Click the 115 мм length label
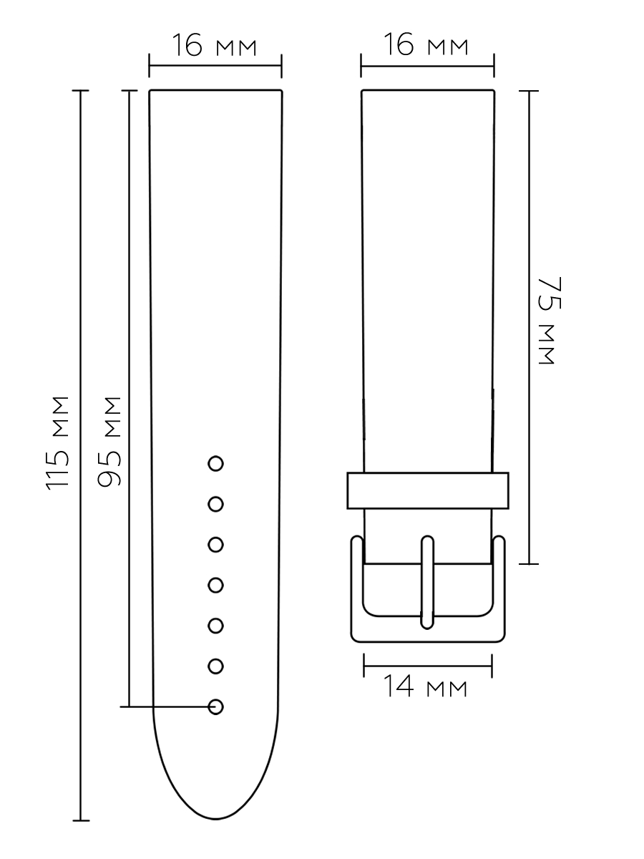tap(57, 443)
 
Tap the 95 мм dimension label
tap(109, 442)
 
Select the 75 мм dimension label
tap(550, 321)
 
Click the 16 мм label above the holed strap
tap(214, 45)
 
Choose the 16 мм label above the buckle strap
tap(426, 44)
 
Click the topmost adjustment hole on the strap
tap(215, 464)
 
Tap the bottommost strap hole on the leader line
tap(215, 707)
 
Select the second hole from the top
tap(215, 504)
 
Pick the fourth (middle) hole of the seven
tap(215, 586)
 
